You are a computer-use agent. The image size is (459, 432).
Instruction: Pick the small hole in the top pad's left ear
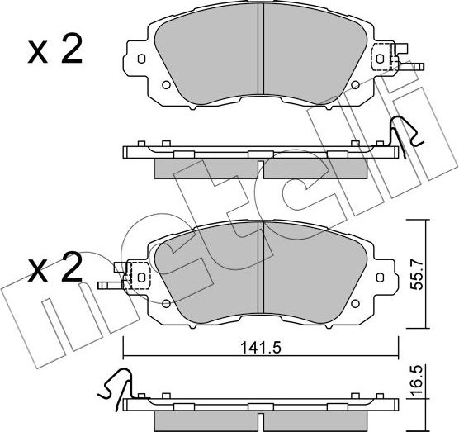pos(140,59)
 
